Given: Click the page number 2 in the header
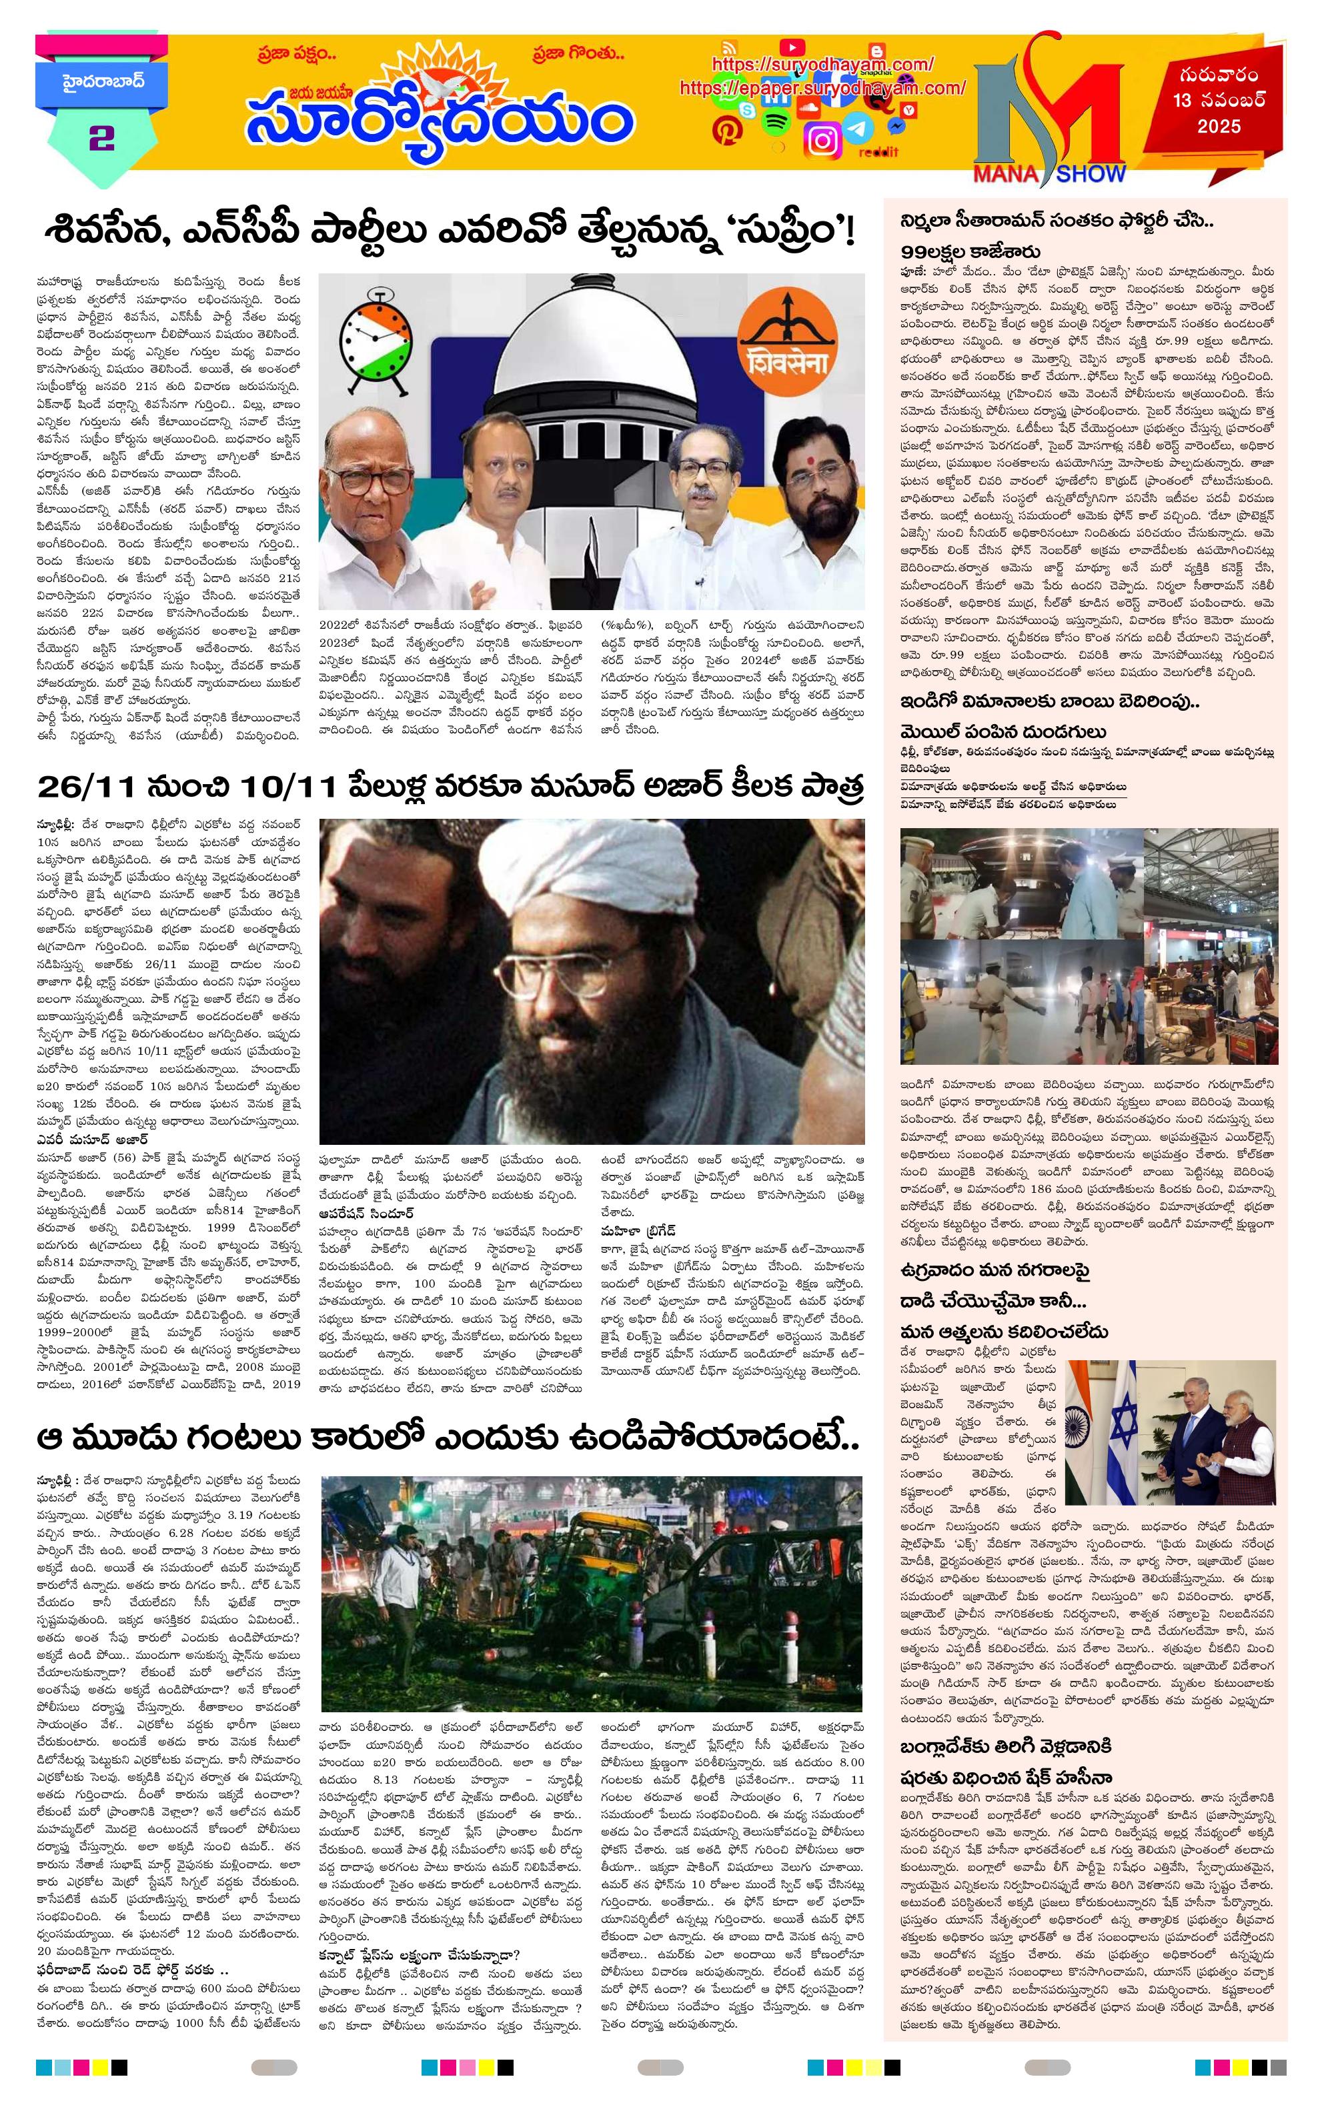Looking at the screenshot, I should point(101,139).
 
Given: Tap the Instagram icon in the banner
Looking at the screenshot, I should point(822,140).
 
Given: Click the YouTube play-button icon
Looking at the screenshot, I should point(791,47).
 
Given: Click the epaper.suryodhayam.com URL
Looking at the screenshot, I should point(822,87).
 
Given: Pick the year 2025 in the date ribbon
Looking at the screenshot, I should point(1219,127).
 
